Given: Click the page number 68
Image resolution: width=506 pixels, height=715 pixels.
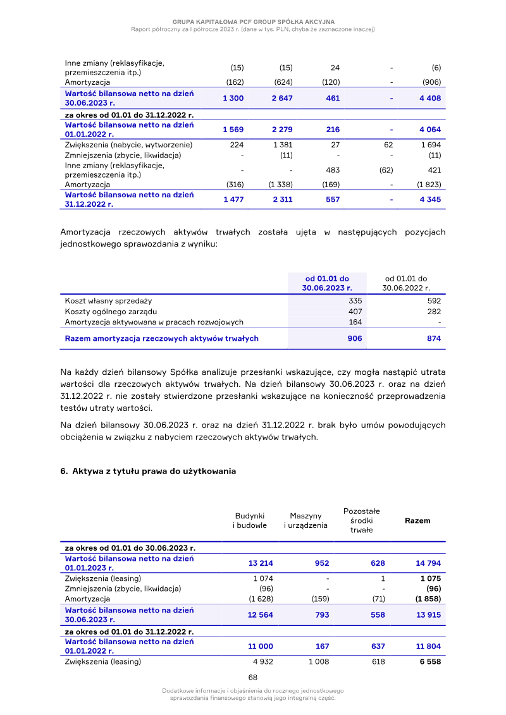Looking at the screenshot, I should tap(252, 677).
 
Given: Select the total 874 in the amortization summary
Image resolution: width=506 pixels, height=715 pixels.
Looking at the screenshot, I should tap(433, 339).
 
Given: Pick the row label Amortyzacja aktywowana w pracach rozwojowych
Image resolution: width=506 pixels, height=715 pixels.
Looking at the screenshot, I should tap(154, 322).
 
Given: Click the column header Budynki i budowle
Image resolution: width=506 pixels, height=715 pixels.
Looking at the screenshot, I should tap(250, 521).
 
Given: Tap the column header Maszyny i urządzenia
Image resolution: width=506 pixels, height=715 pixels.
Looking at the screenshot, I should tap(305, 521).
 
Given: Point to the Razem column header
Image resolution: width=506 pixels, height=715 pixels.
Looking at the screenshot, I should tap(417, 521).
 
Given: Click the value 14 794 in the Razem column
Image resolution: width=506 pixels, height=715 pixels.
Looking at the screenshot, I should tap(428, 563).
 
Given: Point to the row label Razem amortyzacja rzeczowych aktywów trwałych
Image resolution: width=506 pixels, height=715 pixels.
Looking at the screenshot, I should tap(161, 339).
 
